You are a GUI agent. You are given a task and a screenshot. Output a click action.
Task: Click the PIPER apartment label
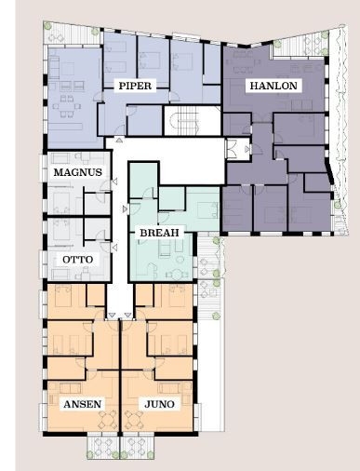(x=135, y=86)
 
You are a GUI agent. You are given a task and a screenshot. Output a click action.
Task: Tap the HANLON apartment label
(x=273, y=86)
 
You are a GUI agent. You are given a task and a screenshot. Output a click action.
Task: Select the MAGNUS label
(x=77, y=172)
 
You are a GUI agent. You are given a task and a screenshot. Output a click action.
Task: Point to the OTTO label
(x=77, y=260)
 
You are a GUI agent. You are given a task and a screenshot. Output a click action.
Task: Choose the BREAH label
(x=159, y=233)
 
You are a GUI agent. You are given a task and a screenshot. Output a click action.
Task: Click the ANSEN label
(x=82, y=404)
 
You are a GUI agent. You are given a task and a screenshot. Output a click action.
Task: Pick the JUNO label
(x=159, y=404)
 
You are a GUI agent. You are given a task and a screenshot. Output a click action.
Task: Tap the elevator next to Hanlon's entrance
(x=237, y=150)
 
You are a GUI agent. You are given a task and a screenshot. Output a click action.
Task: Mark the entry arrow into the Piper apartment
(x=119, y=141)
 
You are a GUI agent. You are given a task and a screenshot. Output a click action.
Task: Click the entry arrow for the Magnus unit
(x=114, y=182)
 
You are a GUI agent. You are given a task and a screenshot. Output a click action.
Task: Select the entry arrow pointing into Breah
(x=125, y=209)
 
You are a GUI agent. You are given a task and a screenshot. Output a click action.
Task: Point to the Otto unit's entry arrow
(x=114, y=248)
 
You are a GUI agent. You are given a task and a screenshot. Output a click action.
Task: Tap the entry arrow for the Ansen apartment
(x=112, y=316)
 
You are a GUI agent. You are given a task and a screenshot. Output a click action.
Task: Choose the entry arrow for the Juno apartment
(x=128, y=316)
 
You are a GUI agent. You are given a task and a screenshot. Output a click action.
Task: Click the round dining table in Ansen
(x=108, y=420)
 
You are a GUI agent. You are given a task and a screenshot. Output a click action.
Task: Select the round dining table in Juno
(x=134, y=420)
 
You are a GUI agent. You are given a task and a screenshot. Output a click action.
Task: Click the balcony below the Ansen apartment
(x=103, y=448)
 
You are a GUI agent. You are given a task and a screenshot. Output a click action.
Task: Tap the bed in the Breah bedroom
(x=208, y=210)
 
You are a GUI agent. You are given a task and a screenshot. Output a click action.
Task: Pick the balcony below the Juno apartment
(x=137, y=448)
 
